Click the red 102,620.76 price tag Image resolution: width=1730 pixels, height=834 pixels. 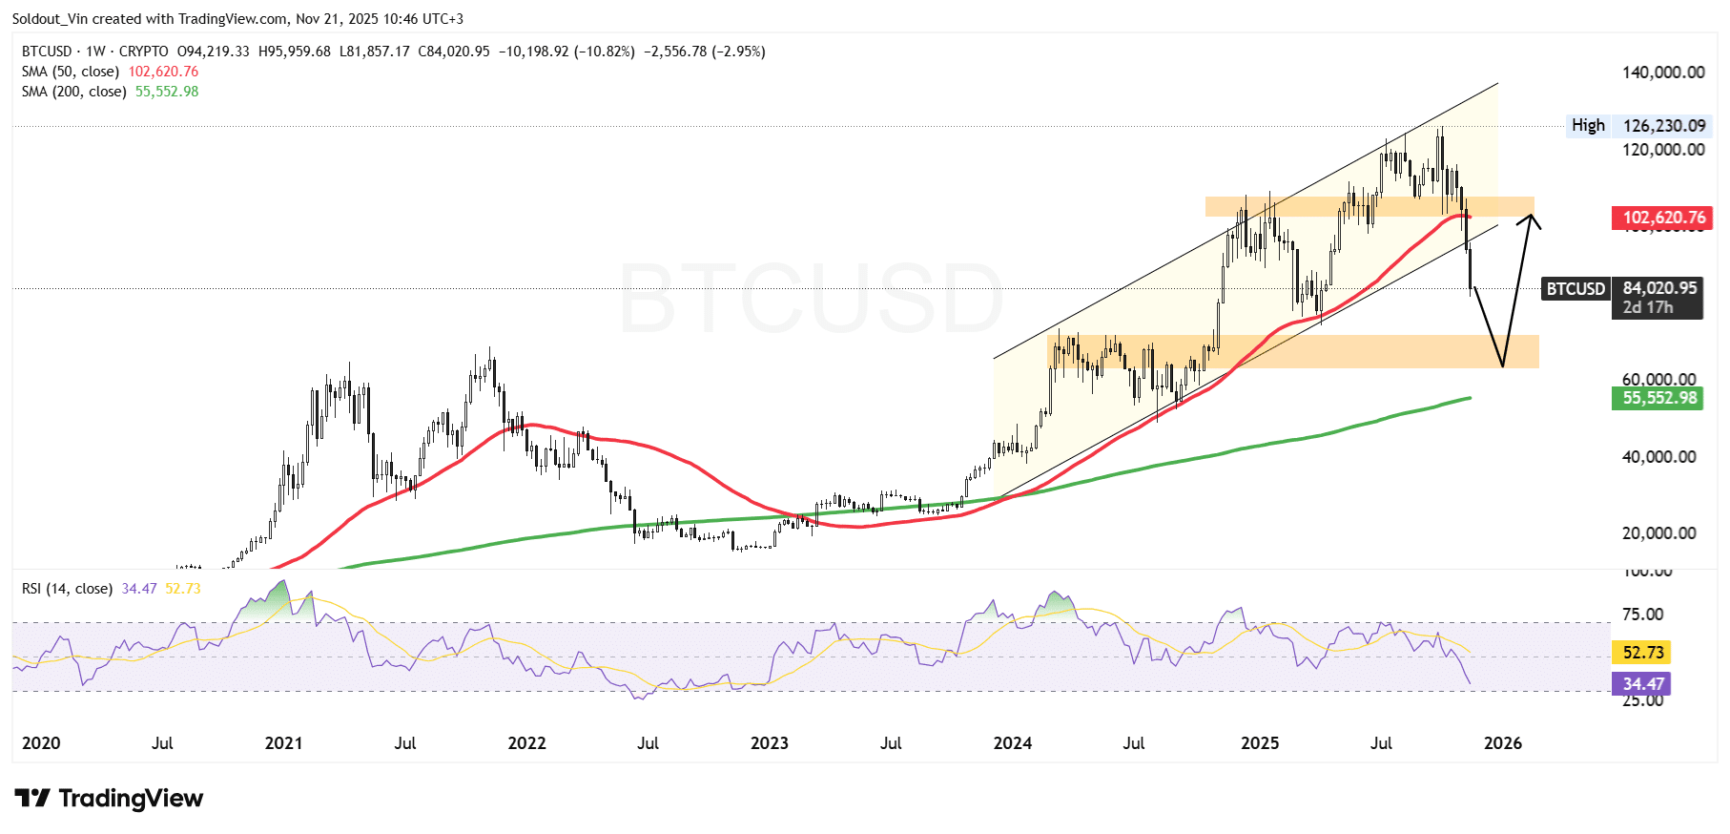(x=1663, y=218)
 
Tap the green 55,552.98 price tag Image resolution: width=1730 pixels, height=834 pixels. (x=1659, y=398)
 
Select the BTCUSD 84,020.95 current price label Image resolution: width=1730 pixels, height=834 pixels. (x=1622, y=288)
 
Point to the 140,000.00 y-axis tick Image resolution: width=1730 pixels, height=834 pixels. (x=1663, y=73)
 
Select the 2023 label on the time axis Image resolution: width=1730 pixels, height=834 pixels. (x=769, y=743)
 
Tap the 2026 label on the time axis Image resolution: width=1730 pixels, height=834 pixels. (x=1503, y=743)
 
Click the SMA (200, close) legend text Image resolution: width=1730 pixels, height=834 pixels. (x=74, y=92)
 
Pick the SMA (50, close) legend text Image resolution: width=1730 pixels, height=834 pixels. (x=71, y=72)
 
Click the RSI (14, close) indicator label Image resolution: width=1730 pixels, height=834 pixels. (x=67, y=589)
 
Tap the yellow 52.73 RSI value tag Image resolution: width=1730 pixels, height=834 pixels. (x=1642, y=653)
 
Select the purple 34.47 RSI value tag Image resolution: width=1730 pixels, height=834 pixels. (x=1642, y=684)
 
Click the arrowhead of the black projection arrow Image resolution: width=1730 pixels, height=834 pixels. (x=1531, y=219)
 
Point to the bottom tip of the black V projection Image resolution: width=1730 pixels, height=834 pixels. (x=1503, y=365)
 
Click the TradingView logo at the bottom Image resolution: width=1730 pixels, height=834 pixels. (x=110, y=799)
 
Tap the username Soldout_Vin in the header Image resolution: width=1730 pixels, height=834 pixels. (x=50, y=19)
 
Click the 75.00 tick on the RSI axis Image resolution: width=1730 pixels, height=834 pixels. (x=1642, y=615)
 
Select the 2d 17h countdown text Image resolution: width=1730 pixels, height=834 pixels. (x=1648, y=307)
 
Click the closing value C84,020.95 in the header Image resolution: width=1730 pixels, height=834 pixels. (x=454, y=52)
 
